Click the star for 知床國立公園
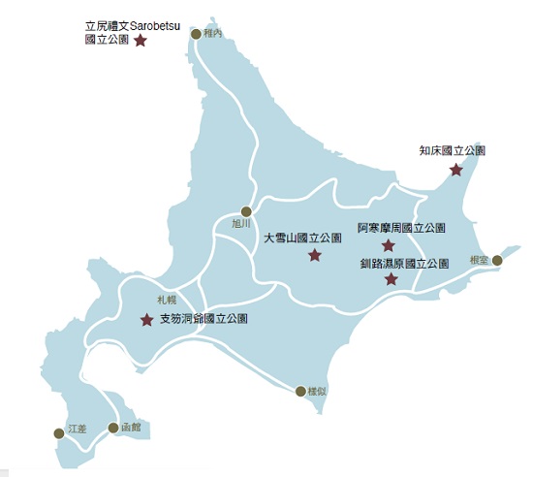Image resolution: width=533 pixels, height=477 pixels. coord(456,171)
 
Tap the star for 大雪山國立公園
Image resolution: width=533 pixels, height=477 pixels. coord(314,256)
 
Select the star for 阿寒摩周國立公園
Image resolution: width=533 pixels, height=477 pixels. coord(389,246)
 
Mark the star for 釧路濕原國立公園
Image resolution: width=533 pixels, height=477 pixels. coord(391,280)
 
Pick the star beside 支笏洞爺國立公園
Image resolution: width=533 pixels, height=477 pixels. coord(146,320)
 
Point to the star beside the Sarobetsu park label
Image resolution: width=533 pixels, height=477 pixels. coord(141,41)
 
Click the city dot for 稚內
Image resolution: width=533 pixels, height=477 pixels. coord(196,34)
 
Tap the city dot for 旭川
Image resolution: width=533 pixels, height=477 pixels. coord(246,211)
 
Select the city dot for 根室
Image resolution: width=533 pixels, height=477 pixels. coord(497,260)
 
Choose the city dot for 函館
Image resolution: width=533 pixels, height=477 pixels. coord(113,428)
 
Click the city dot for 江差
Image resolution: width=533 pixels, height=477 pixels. coord(59,433)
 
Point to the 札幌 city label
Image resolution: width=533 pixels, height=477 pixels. coord(168,301)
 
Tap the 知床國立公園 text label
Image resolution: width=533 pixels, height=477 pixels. coord(453,151)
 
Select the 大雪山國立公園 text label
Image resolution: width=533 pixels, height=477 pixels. coord(303,238)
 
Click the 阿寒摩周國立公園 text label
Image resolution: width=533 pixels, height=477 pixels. coord(401,228)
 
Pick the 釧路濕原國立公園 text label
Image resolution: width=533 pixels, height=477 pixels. coord(405,263)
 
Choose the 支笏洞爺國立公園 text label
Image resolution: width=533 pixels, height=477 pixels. coord(204,318)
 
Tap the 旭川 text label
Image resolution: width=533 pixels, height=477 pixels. coord(241,224)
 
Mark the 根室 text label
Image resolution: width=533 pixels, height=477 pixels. coord(477,261)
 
